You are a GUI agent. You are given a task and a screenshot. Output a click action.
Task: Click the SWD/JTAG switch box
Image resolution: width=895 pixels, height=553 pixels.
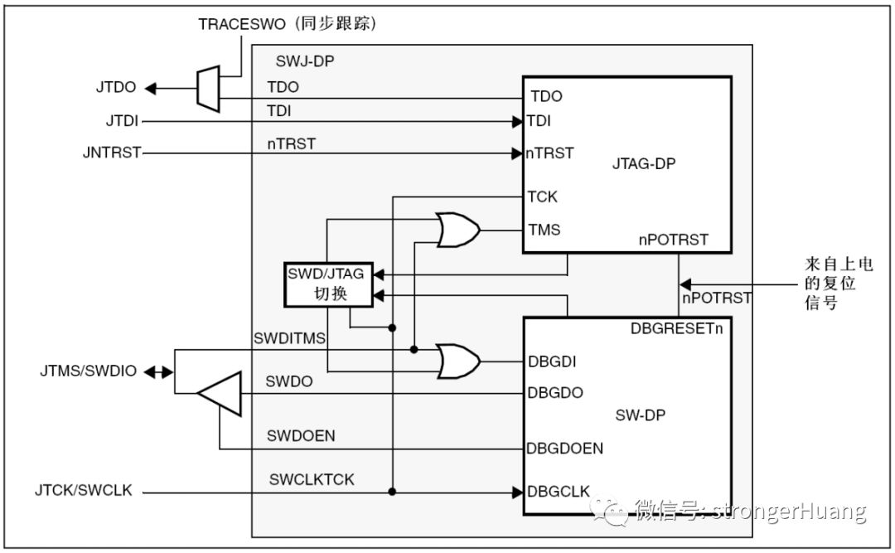[x=329, y=284]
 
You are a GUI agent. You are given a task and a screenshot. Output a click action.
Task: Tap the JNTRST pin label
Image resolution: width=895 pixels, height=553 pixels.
[x=112, y=153]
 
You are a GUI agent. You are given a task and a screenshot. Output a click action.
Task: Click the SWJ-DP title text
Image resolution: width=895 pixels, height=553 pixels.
[x=303, y=61]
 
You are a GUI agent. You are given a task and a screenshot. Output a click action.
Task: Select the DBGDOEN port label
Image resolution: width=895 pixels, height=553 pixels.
[x=564, y=449]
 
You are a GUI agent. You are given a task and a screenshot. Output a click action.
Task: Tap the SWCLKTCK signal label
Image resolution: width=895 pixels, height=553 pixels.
[x=312, y=480]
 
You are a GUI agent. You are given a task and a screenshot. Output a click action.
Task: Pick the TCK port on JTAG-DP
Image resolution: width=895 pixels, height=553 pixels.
[x=543, y=196]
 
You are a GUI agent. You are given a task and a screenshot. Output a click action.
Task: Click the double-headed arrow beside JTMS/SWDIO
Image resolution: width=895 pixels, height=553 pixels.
[x=155, y=371]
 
